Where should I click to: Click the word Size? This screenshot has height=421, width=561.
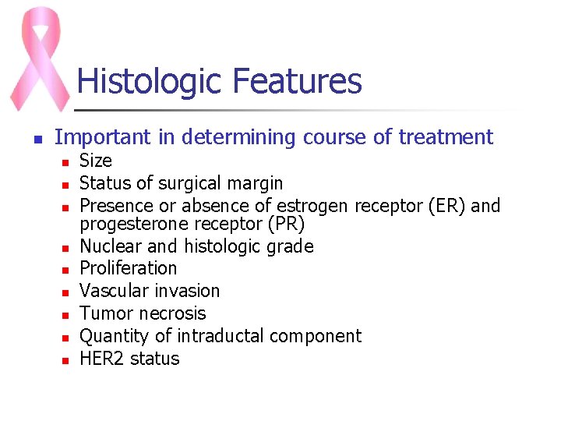coord(96,161)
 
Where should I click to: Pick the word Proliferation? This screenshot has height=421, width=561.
coord(129,268)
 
